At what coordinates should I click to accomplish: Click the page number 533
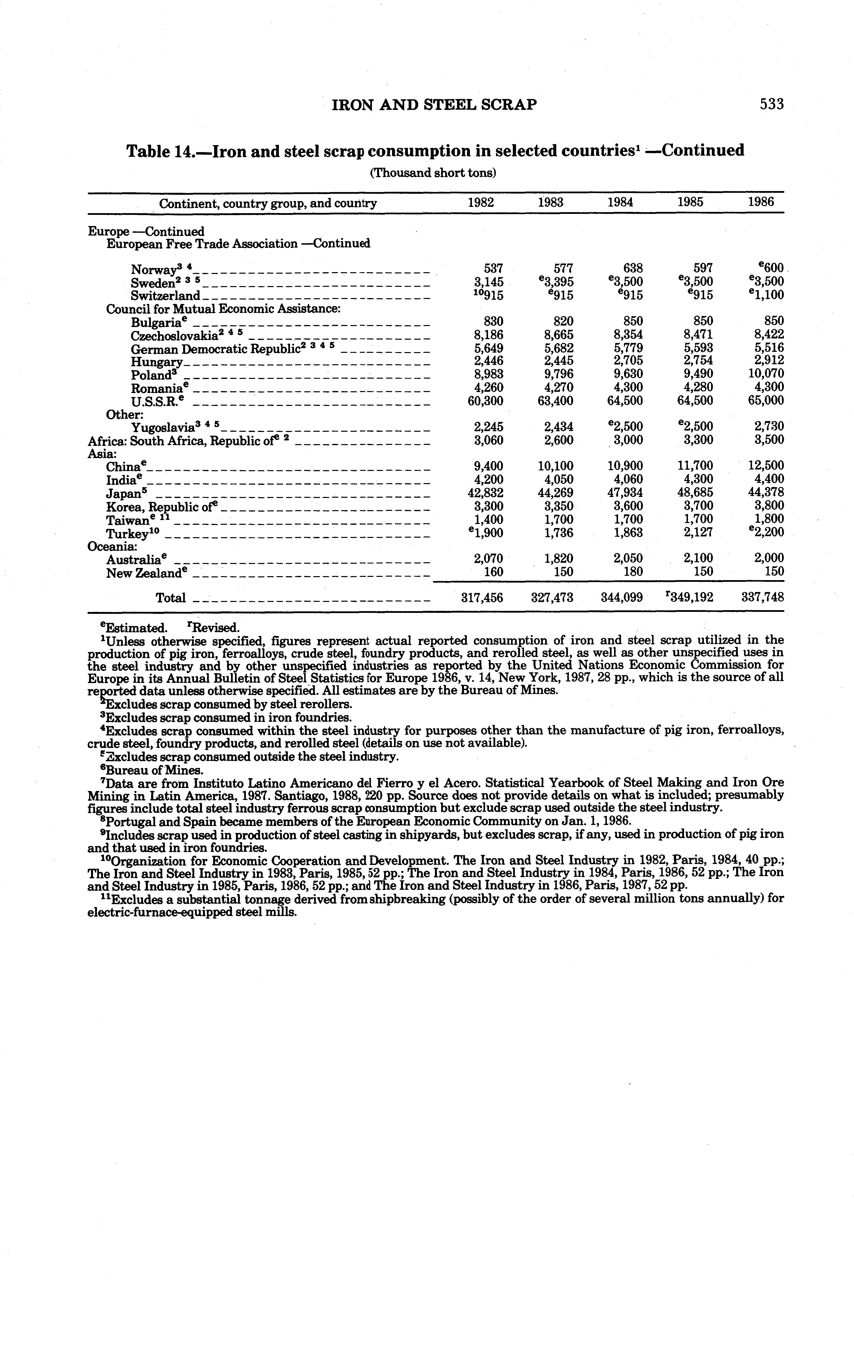click(771, 104)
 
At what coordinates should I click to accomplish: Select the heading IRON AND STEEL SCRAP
click(434, 104)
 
